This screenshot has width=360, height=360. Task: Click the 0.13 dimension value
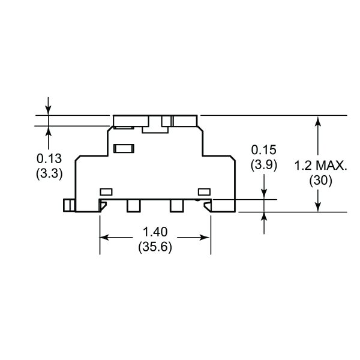49,158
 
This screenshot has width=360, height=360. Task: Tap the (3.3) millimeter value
49,173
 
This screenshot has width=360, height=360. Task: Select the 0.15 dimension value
263,150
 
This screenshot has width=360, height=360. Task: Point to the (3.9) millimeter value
264,165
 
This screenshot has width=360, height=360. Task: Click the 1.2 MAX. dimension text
321,166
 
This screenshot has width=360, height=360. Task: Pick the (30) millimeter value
320,181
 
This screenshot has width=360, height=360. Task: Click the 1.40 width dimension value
155,232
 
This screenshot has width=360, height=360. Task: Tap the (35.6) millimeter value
155,247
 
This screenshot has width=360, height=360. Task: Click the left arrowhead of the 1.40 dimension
104,238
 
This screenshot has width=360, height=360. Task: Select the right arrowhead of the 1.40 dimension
205,238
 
